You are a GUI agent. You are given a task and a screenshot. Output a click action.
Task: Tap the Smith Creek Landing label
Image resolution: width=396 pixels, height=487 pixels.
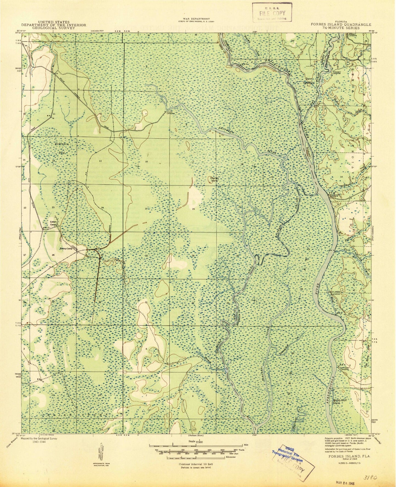pos(335,293)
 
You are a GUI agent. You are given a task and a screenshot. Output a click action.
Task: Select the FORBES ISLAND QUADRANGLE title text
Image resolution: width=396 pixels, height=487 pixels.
pos(341,25)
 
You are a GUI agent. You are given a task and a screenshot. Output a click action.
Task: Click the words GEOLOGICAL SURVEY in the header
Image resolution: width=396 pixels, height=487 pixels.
pos(54,28)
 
